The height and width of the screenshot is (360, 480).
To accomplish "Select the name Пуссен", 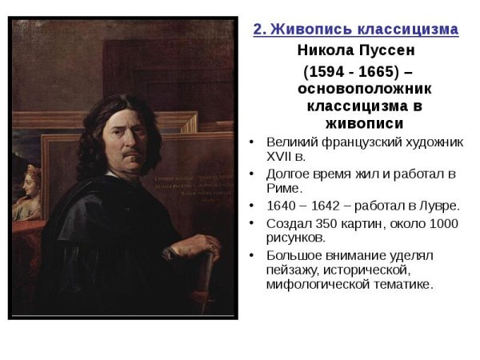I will point(385,50).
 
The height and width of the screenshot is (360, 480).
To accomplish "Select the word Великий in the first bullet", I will point(290,142).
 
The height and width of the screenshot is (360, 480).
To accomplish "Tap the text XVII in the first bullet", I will point(278,156).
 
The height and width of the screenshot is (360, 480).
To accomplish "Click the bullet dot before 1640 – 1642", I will point(252,206).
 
